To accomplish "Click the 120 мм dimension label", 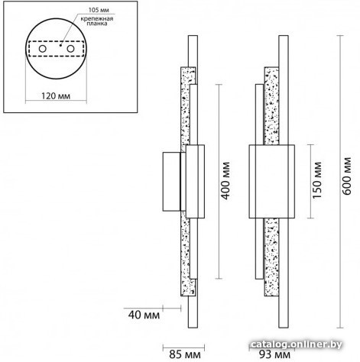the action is tap(56, 96).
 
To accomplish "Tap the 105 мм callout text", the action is tap(99, 10).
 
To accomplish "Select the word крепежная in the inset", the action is tap(97, 18).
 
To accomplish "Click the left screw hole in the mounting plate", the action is tap(42, 48).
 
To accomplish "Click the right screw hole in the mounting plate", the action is tap(70, 48).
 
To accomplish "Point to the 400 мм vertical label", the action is tap(225, 181).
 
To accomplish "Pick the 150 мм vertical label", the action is tap(317, 180).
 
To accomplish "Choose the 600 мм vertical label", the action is tap(347, 176).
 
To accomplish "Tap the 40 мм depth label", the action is tap(144, 315).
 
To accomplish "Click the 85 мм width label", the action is tap(185, 354).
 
